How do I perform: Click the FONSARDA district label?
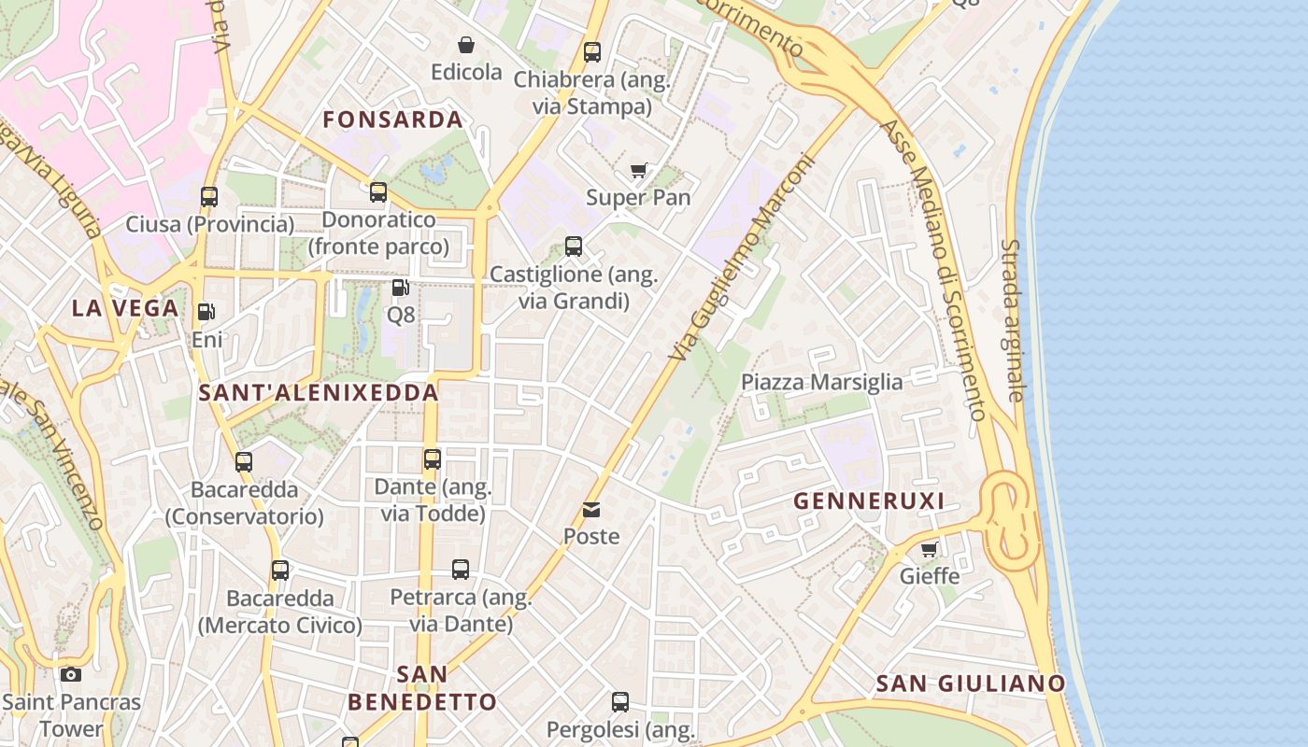click(x=392, y=120)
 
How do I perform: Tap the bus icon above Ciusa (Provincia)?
click(x=209, y=196)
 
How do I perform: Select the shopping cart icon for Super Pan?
click(x=639, y=170)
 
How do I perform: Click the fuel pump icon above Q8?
click(x=401, y=288)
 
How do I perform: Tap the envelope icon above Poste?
click(x=591, y=509)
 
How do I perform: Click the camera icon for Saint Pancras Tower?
click(x=71, y=674)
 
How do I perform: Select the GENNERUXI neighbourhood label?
click(x=869, y=501)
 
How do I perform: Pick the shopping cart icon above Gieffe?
click(x=930, y=549)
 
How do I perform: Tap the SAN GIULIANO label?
click(x=970, y=684)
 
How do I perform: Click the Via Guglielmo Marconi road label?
click(x=743, y=257)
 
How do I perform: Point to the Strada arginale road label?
click(x=1013, y=320)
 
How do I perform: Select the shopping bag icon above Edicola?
click(x=465, y=44)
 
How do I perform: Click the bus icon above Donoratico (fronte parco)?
click(x=378, y=191)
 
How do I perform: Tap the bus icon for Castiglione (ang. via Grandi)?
click(x=574, y=247)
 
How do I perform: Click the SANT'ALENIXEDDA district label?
click(x=319, y=393)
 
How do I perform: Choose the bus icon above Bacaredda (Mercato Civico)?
click(x=280, y=570)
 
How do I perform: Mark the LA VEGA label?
click(x=125, y=308)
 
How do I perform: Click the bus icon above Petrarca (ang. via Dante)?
click(x=461, y=569)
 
